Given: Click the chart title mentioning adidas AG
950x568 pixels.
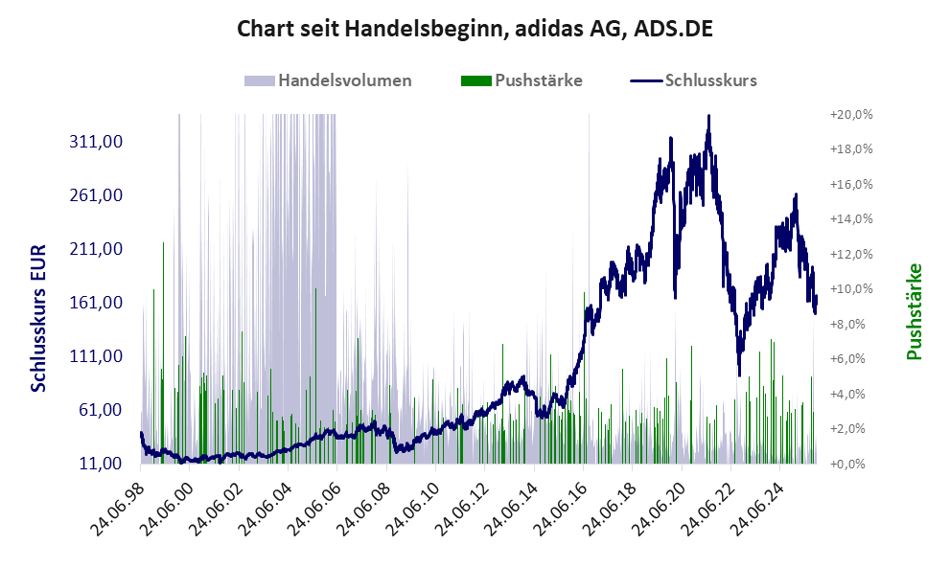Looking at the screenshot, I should click(x=475, y=30).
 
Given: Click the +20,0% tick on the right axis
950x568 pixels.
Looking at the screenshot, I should click(x=850, y=115).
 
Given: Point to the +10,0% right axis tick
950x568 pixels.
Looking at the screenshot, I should click(x=850, y=289).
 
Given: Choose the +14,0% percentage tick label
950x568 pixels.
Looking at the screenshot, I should click(x=850, y=219).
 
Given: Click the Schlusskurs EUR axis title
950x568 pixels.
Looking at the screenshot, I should click(x=39, y=316).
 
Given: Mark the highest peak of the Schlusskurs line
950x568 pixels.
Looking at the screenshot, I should click(x=708, y=116).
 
